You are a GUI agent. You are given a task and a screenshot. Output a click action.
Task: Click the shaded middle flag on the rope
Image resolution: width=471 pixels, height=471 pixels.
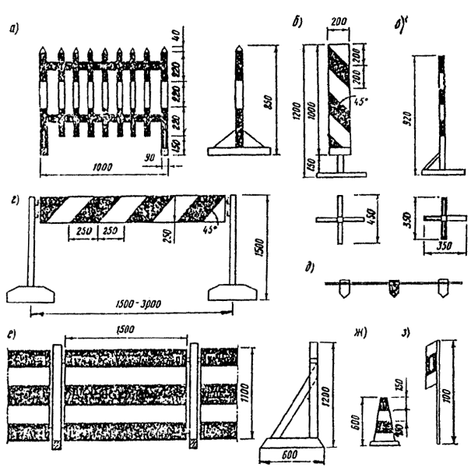[392, 290]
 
